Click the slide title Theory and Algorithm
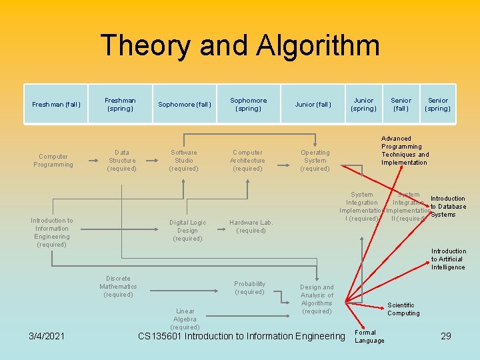pos(240,45)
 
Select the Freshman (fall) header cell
pos(56,105)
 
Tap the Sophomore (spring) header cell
pos(248,105)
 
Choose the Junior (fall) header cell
pos(313,105)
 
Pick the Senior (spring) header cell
pos(438,105)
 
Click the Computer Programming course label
pos(53,161)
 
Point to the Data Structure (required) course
pos(122,161)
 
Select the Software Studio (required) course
pos(183,161)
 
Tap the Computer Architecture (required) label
pos(247,161)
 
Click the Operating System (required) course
pos(315,161)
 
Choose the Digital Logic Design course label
pos(187,231)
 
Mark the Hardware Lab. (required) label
pos(251,227)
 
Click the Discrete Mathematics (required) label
pos(118,287)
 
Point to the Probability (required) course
pos(250,288)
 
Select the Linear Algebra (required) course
pos(185,319)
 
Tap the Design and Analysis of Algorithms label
pos(317,299)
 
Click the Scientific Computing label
pos(403,309)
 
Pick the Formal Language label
pos(369,337)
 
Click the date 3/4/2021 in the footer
pos(47,336)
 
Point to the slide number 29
pos(446,336)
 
